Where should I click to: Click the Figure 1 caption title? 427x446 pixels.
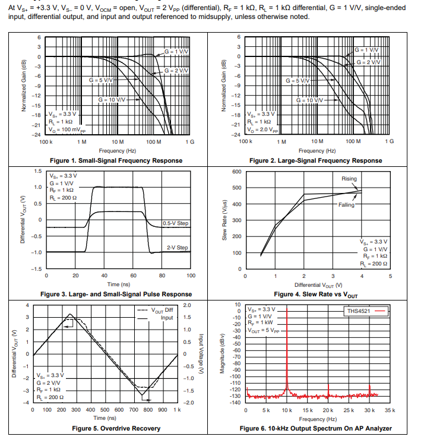click(116, 160)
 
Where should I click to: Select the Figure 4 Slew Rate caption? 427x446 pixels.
click(315, 294)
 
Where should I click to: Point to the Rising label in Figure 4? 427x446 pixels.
click(349, 179)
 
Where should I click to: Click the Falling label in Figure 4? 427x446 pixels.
click(346, 204)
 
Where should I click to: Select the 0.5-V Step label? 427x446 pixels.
click(176, 223)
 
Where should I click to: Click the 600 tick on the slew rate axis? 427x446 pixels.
click(236, 172)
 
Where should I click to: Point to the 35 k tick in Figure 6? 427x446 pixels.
click(389, 410)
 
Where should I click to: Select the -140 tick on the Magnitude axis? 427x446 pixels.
click(236, 402)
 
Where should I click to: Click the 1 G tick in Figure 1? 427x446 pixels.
click(189, 143)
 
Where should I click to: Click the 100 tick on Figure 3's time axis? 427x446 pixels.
click(191, 276)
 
